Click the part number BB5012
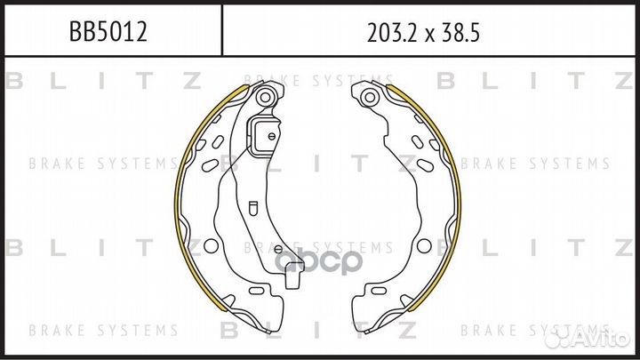[108, 32]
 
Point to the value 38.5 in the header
[460, 33]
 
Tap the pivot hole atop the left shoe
[265, 97]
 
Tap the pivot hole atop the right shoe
[370, 97]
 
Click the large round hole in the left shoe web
[211, 245]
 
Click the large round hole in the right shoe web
[424, 245]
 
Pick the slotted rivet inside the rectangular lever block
[271, 136]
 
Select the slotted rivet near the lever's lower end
[278, 249]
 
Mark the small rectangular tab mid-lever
[252, 207]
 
